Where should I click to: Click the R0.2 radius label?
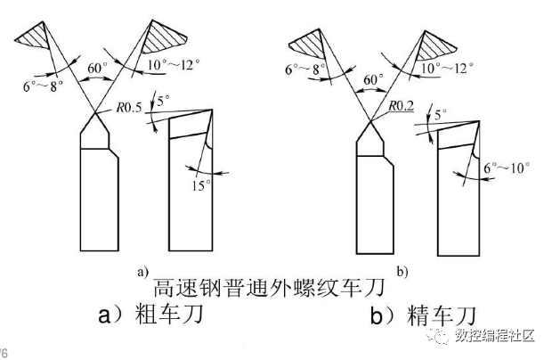402,105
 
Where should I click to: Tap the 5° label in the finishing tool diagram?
438,114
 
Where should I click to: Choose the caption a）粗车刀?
145,315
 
